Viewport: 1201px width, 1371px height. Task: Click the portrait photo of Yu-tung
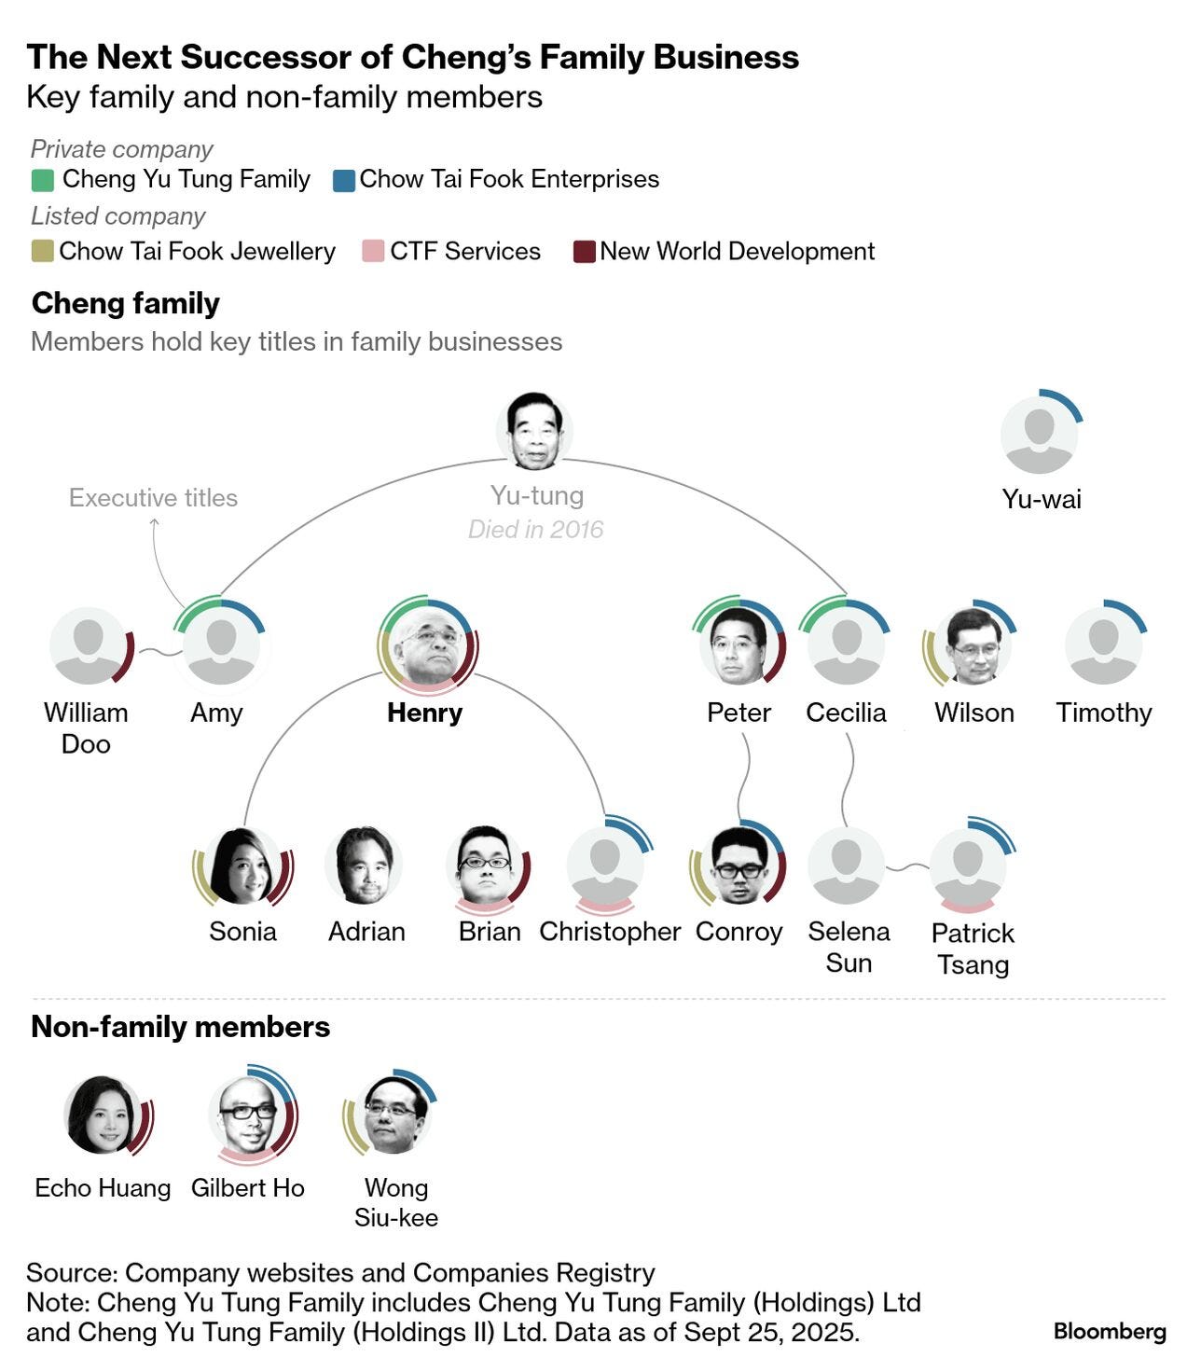534,430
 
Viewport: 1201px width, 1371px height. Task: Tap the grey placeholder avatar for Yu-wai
1039,434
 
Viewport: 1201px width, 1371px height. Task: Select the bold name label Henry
424,713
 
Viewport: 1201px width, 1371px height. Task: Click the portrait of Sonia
242,866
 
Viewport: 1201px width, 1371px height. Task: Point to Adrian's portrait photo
364,866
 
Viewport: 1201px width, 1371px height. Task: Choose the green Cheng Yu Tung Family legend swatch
42,180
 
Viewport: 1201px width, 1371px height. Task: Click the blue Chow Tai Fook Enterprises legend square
344,180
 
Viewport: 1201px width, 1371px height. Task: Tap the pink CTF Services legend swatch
373,252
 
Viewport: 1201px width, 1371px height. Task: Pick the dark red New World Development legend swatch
584,252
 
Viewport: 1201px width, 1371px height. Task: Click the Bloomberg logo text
1109,1331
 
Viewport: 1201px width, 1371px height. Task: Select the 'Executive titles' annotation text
153,498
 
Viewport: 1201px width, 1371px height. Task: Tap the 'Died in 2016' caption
535,530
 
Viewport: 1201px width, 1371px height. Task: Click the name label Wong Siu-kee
396,1202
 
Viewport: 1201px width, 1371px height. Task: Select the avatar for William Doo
88,645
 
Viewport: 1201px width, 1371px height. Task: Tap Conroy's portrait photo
738,866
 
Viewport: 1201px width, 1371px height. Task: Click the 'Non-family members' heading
181,1027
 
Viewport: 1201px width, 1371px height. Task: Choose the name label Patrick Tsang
973,949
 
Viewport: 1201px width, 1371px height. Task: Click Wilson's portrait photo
973,645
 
